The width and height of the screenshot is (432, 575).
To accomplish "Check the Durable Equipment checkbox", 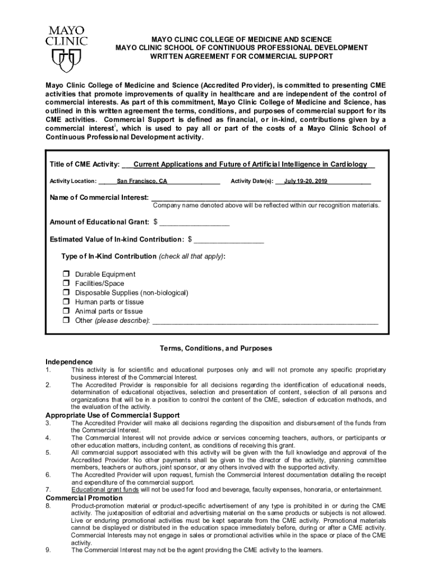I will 65,274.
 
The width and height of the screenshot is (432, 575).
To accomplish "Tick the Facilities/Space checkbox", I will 65,284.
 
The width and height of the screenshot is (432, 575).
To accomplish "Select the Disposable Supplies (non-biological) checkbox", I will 65,293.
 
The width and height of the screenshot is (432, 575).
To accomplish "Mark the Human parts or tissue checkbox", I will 65,302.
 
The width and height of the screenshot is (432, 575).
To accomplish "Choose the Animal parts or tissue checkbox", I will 65,311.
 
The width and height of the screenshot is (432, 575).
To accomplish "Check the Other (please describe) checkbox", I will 65,321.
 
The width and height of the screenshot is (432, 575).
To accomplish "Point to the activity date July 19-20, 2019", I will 306,181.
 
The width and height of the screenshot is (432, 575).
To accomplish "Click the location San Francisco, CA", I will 142,181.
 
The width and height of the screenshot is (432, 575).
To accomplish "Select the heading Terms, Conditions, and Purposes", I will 216,348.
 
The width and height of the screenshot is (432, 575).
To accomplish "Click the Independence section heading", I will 69,362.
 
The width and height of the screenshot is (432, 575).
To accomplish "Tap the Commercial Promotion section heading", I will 84,498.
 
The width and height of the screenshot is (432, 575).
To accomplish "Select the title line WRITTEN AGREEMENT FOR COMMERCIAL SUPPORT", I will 241,57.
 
